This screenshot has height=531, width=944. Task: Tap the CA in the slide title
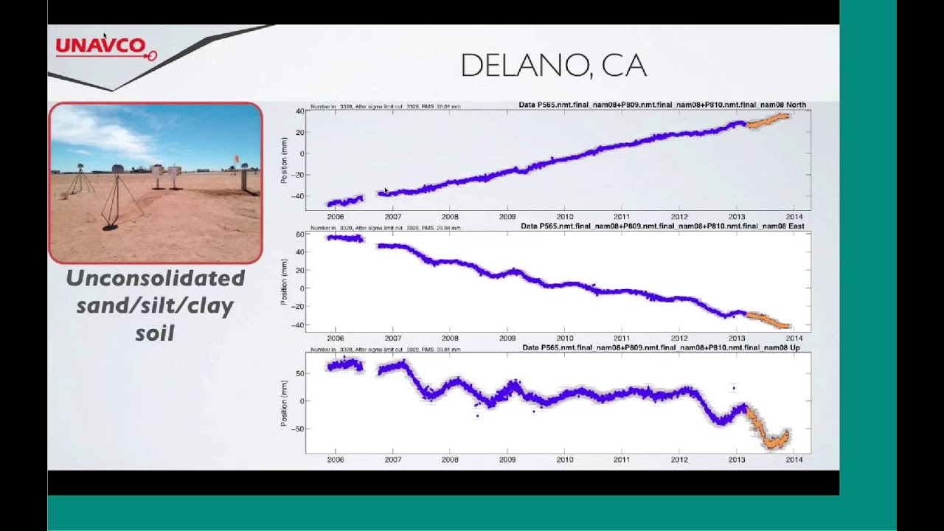(x=624, y=66)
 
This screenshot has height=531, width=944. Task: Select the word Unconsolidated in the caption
(x=155, y=278)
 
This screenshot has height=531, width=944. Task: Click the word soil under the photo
(x=155, y=333)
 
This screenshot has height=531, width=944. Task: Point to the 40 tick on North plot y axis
(x=299, y=111)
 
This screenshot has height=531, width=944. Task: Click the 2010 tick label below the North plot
(x=564, y=217)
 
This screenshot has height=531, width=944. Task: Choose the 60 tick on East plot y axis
(x=299, y=235)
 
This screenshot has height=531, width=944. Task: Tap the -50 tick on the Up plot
(x=298, y=428)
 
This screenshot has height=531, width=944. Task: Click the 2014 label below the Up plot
(x=794, y=460)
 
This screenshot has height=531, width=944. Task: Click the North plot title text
(x=662, y=105)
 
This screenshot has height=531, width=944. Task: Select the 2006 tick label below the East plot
(x=336, y=339)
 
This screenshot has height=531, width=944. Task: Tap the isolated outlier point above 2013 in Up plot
(x=733, y=388)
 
